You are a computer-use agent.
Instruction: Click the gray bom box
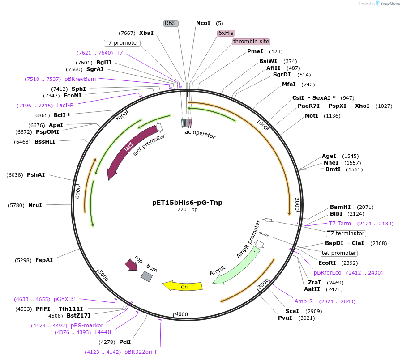tap(146, 276)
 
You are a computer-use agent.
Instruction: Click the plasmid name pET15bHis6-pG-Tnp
tap(187, 203)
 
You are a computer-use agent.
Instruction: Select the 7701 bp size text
tap(187, 209)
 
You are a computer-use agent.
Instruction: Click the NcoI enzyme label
tap(203, 23)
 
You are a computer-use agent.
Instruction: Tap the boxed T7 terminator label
tap(346, 233)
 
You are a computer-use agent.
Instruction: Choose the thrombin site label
tap(251, 42)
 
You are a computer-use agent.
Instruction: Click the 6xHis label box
tap(226, 33)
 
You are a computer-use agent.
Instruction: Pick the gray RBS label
tap(171, 23)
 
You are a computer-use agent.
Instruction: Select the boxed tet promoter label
tap(339, 253)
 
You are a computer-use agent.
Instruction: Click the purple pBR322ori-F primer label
tap(141, 352)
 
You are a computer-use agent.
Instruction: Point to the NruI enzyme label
tap(35, 205)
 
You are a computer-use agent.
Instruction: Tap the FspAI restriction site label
tap(44, 260)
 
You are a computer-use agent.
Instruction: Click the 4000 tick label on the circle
tap(181, 314)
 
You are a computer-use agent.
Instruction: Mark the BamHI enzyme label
tap(340, 207)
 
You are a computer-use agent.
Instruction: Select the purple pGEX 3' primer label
tap(64, 299)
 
